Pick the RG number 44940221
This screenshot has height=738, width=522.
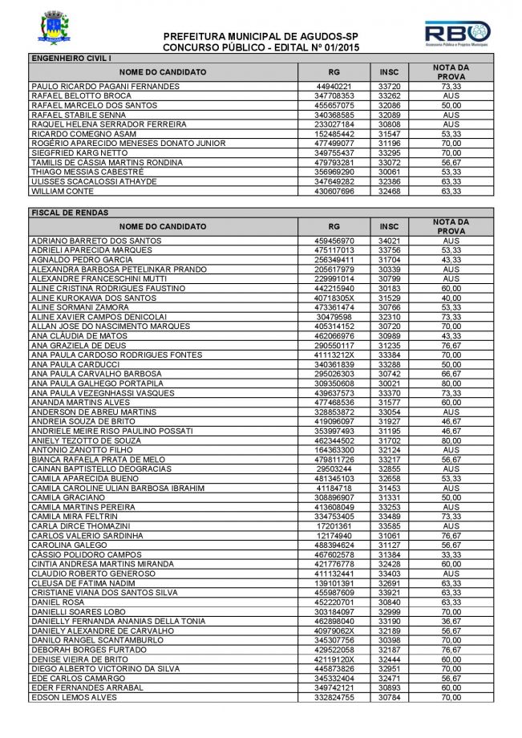tap(334, 86)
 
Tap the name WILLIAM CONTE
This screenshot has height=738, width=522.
tap(59, 192)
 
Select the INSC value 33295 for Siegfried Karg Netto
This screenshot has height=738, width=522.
tap(389, 153)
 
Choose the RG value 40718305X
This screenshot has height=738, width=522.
tap(334, 298)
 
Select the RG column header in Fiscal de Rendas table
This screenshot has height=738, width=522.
tap(334, 226)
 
